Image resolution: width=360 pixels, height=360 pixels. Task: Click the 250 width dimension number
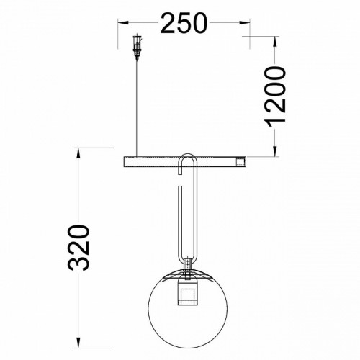click(184, 23)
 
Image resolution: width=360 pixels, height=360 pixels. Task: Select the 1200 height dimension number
click(275, 96)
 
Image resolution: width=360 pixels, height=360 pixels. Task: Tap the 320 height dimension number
click(78, 248)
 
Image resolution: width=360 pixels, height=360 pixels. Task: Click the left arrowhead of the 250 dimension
click(122, 23)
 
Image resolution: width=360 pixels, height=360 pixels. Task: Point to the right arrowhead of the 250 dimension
click(245, 23)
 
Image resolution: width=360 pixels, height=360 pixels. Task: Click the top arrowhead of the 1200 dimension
click(275, 41)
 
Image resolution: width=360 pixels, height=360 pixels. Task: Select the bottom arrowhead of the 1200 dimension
click(275, 152)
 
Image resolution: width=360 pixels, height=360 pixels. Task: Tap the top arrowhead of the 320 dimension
click(78, 153)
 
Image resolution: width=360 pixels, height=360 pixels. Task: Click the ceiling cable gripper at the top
click(138, 47)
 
